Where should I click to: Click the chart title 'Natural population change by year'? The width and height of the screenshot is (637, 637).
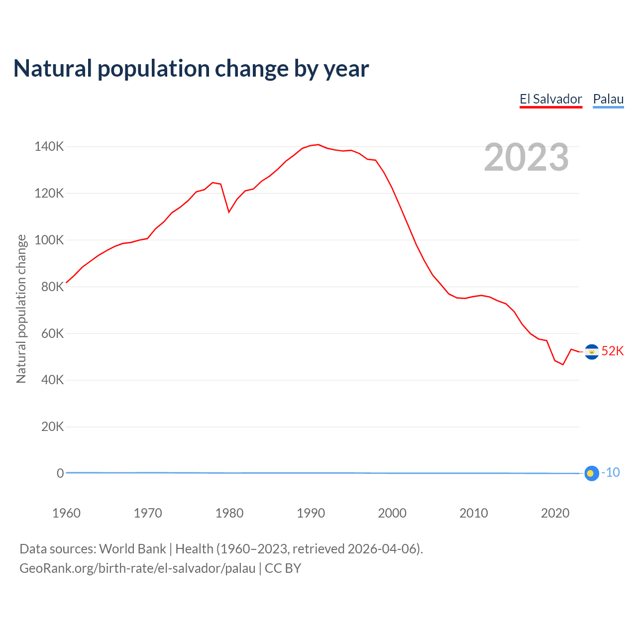[191, 69]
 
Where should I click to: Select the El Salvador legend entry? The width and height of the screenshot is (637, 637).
[551, 99]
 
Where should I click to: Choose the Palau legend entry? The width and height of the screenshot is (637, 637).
[608, 99]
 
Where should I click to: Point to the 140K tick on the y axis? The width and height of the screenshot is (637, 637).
[49, 147]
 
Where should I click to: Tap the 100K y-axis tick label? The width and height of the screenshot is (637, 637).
[49, 240]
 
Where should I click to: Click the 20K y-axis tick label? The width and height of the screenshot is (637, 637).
[53, 427]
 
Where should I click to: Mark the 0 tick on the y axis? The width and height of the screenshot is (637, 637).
[60, 473]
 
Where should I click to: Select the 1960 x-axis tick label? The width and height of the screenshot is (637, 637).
[66, 513]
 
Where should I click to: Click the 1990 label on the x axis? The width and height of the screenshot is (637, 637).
[311, 513]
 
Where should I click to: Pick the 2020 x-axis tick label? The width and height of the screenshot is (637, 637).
[555, 513]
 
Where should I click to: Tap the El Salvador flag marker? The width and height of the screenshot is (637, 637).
[592, 352]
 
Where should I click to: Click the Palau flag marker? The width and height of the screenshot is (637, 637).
[591, 473]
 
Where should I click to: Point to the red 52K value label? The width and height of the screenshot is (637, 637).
[613, 351]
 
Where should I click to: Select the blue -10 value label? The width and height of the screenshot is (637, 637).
[611, 473]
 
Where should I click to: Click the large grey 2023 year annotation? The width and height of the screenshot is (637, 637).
[526, 157]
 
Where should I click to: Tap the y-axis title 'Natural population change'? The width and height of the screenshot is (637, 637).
[21, 309]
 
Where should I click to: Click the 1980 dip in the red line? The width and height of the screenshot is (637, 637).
[229, 212]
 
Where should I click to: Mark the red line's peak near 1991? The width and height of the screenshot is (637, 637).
[318, 145]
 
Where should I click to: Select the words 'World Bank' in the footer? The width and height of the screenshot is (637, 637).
[132, 549]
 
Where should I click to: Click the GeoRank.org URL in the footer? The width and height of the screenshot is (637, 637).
[137, 568]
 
